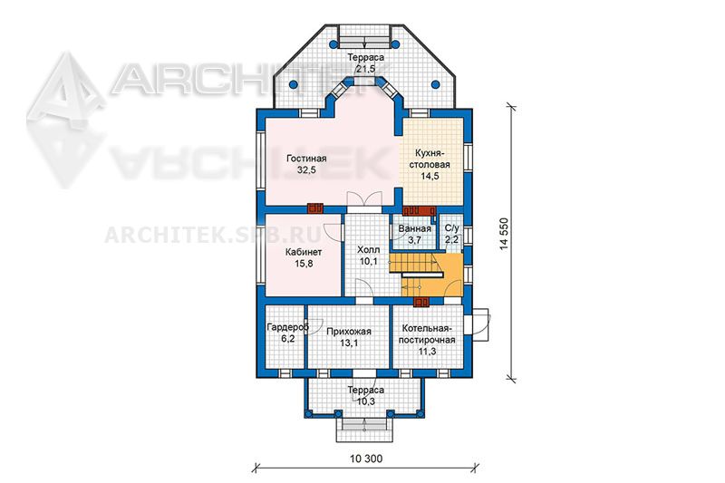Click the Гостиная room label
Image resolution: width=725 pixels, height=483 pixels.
coord(306,159)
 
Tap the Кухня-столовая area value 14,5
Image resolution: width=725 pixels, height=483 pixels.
coord(430,176)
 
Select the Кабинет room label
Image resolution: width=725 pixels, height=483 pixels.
coord(304,252)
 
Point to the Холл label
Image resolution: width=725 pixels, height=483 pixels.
coord(369,249)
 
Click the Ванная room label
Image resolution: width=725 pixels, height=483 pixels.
coord(414,228)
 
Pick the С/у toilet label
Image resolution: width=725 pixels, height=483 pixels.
coord(451,227)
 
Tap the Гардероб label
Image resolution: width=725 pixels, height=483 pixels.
coord(287,327)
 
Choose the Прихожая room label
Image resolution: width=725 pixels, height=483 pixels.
coord(349,332)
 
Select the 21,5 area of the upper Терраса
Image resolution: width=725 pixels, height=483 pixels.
coord(365,69)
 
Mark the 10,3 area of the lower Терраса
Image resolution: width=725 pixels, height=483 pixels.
coord(366,401)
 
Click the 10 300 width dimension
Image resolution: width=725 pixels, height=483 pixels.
coord(366,459)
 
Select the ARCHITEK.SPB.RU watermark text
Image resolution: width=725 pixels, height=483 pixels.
coord(214,235)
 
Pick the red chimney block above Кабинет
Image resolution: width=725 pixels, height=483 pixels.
coord(315,209)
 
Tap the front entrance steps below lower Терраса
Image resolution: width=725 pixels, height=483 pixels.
coord(364,430)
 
